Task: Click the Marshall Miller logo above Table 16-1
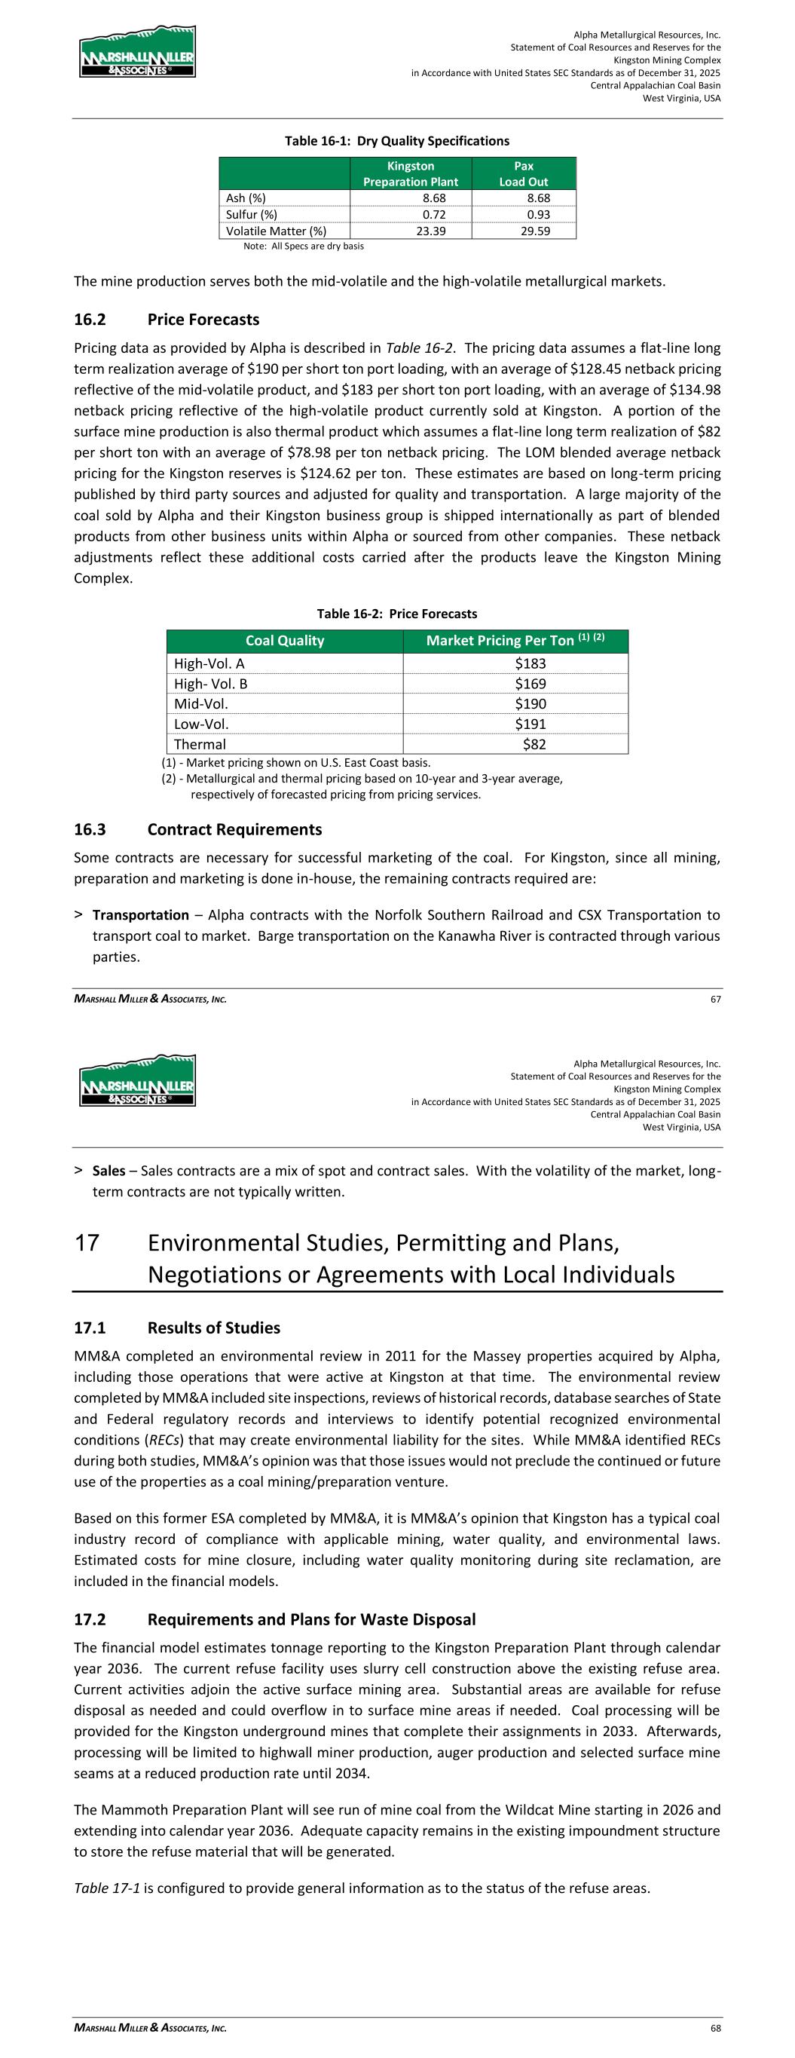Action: pyautogui.click(x=137, y=52)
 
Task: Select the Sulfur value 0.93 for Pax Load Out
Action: pyautogui.click(x=539, y=214)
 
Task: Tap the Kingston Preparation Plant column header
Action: pyautogui.click(x=411, y=173)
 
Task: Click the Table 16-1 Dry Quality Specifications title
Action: pyautogui.click(x=397, y=142)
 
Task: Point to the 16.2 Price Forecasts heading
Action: pyautogui.click(x=167, y=320)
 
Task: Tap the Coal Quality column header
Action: pyautogui.click(x=284, y=641)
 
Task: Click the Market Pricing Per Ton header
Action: pyautogui.click(x=515, y=641)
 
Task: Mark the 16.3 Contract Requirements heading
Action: pyautogui.click(x=197, y=829)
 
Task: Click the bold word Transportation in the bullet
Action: pyautogui.click(x=141, y=914)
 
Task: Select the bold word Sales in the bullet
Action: pyautogui.click(x=109, y=1171)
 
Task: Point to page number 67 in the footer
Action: pyautogui.click(x=715, y=999)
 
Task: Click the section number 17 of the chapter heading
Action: pyautogui.click(x=87, y=1243)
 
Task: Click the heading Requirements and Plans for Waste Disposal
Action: pyautogui.click(x=312, y=1619)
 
